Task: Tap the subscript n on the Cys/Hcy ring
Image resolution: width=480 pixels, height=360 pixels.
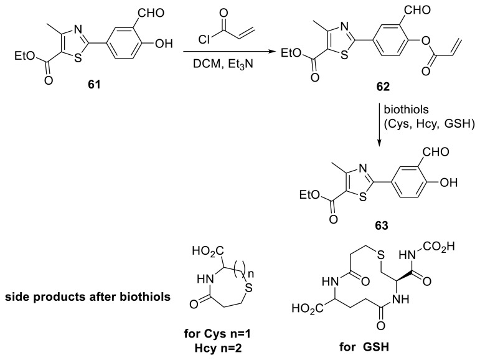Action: (232, 273)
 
